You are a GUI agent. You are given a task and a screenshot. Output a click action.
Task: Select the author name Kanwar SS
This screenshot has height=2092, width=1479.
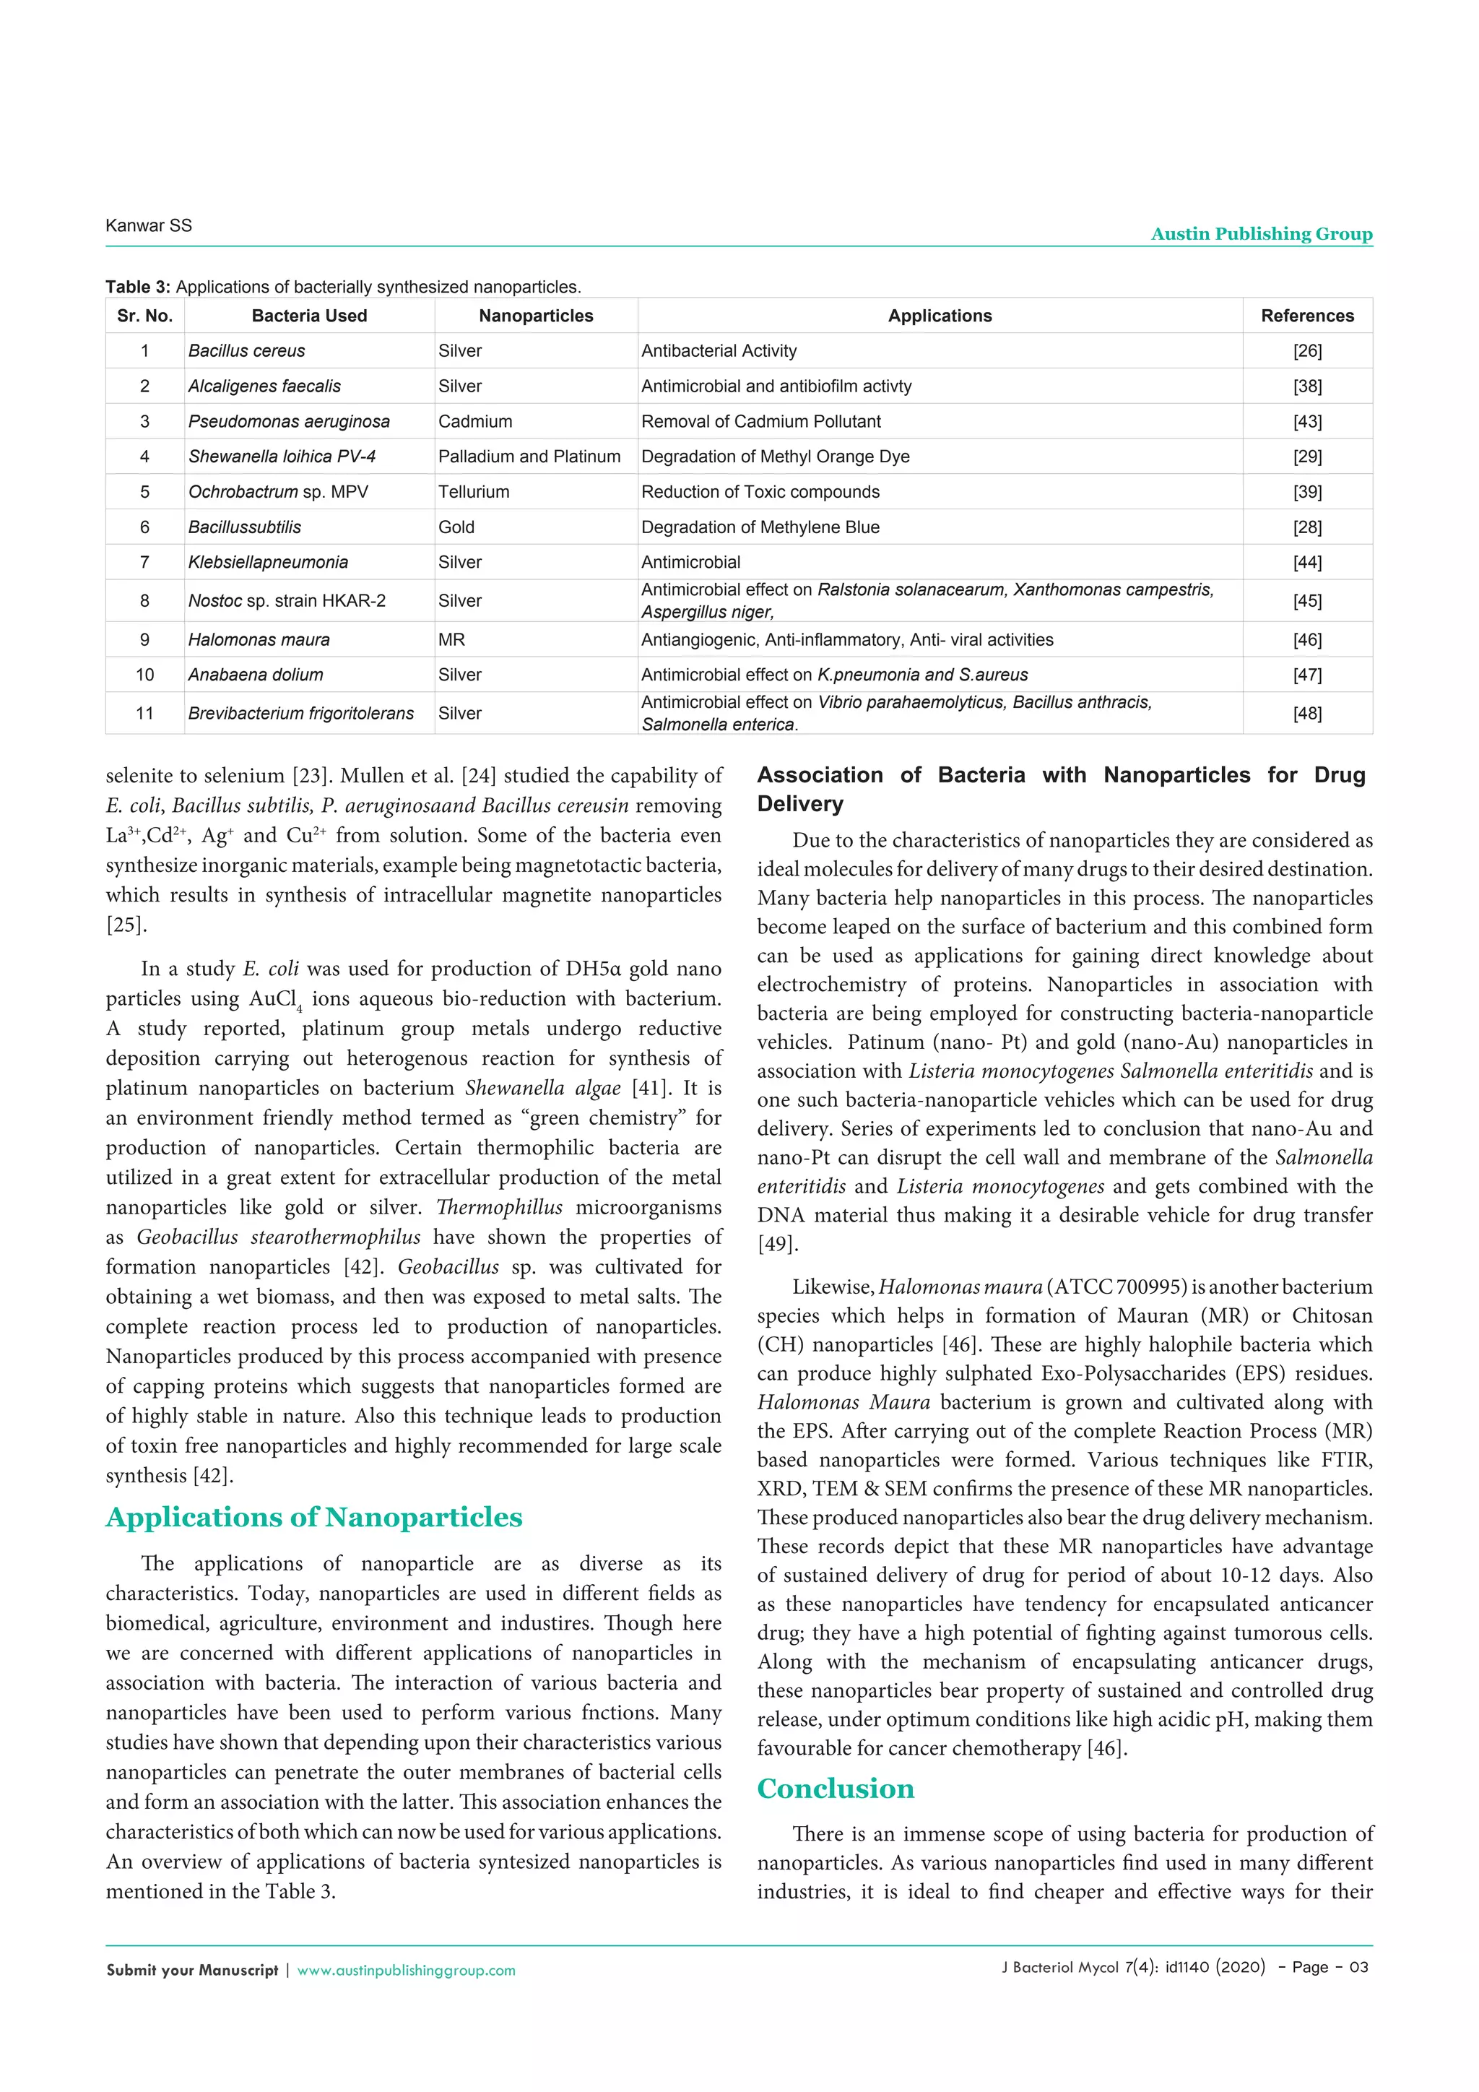(149, 226)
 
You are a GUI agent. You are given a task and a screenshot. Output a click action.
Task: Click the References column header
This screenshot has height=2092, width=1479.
(1307, 316)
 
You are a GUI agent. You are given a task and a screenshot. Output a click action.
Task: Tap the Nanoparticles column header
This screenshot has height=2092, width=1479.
(536, 316)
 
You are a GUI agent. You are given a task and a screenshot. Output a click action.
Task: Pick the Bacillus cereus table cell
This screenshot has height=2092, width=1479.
(247, 351)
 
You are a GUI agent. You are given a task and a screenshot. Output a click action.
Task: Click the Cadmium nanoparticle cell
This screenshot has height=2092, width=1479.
(475, 422)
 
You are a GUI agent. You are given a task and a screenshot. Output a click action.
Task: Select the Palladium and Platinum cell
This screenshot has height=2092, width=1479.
(529, 457)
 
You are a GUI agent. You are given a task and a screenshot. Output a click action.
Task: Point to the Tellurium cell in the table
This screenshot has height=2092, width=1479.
(474, 492)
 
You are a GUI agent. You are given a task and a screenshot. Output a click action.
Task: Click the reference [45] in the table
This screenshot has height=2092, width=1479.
(1307, 601)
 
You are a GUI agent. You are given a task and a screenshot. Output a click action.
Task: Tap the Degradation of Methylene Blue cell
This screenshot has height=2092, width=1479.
(760, 527)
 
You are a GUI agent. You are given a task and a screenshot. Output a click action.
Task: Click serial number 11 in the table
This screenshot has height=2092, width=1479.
(145, 714)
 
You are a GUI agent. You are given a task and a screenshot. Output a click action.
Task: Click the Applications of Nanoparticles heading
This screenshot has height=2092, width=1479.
(314, 1518)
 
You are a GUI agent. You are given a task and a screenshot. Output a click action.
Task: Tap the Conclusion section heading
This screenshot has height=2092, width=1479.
(835, 1789)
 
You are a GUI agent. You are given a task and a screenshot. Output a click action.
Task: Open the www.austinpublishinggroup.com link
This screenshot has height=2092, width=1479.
(406, 1971)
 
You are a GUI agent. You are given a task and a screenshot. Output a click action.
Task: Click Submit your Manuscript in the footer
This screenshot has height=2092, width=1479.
(192, 1971)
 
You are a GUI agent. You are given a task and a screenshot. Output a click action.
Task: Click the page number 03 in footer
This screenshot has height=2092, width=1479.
(1358, 1967)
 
